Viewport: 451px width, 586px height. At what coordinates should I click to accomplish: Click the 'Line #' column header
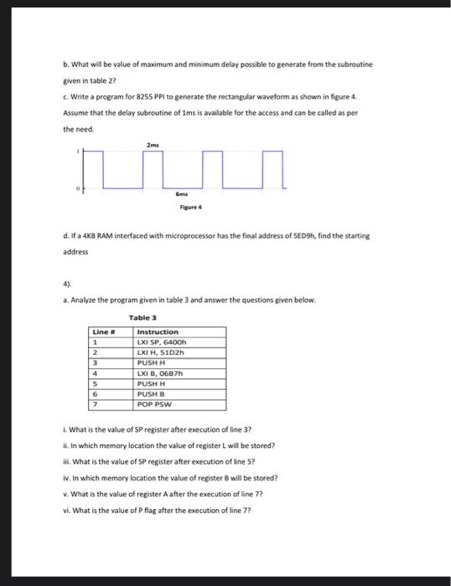coord(101,332)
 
